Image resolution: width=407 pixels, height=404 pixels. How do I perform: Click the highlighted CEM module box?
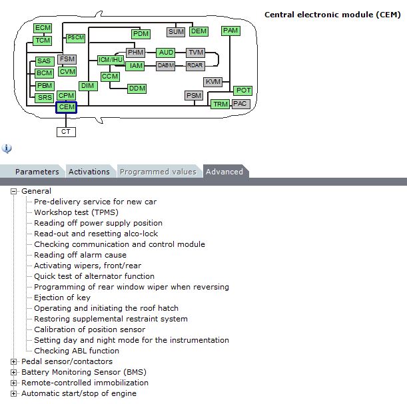tap(66, 107)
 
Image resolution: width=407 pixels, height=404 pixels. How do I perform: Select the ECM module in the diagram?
tap(43, 28)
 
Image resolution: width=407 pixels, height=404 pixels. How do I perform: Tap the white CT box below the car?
tap(66, 132)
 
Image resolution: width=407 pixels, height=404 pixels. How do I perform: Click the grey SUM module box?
tap(176, 32)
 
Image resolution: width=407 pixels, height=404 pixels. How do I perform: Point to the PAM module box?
tap(230, 31)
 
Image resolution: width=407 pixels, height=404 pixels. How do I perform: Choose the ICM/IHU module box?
tap(111, 60)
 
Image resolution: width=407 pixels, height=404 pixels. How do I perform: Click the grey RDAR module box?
tap(195, 66)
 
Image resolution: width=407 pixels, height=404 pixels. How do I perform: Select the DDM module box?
tap(137, 89)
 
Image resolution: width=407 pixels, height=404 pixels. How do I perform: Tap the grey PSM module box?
tap(194, 96)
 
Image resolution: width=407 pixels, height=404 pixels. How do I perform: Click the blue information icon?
tap(7, 148)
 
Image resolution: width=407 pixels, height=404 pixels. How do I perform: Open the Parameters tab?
tap(37, 172)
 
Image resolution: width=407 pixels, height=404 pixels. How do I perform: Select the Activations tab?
tap(89, 172)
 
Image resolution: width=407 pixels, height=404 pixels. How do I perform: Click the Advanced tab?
tap(224, 172)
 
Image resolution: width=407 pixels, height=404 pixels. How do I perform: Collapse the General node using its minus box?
tap(13, 192)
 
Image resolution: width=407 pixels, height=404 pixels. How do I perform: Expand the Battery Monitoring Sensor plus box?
tap(13, 372)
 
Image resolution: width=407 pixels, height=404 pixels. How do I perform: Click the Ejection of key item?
tap(62, 298)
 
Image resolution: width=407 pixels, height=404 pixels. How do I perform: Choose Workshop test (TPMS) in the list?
tap(76, 212)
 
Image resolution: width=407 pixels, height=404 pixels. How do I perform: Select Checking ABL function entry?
tap(77, 351)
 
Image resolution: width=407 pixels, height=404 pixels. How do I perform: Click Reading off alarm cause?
tap(80, 255)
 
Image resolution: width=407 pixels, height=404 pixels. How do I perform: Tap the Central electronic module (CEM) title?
tap(332, 15)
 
